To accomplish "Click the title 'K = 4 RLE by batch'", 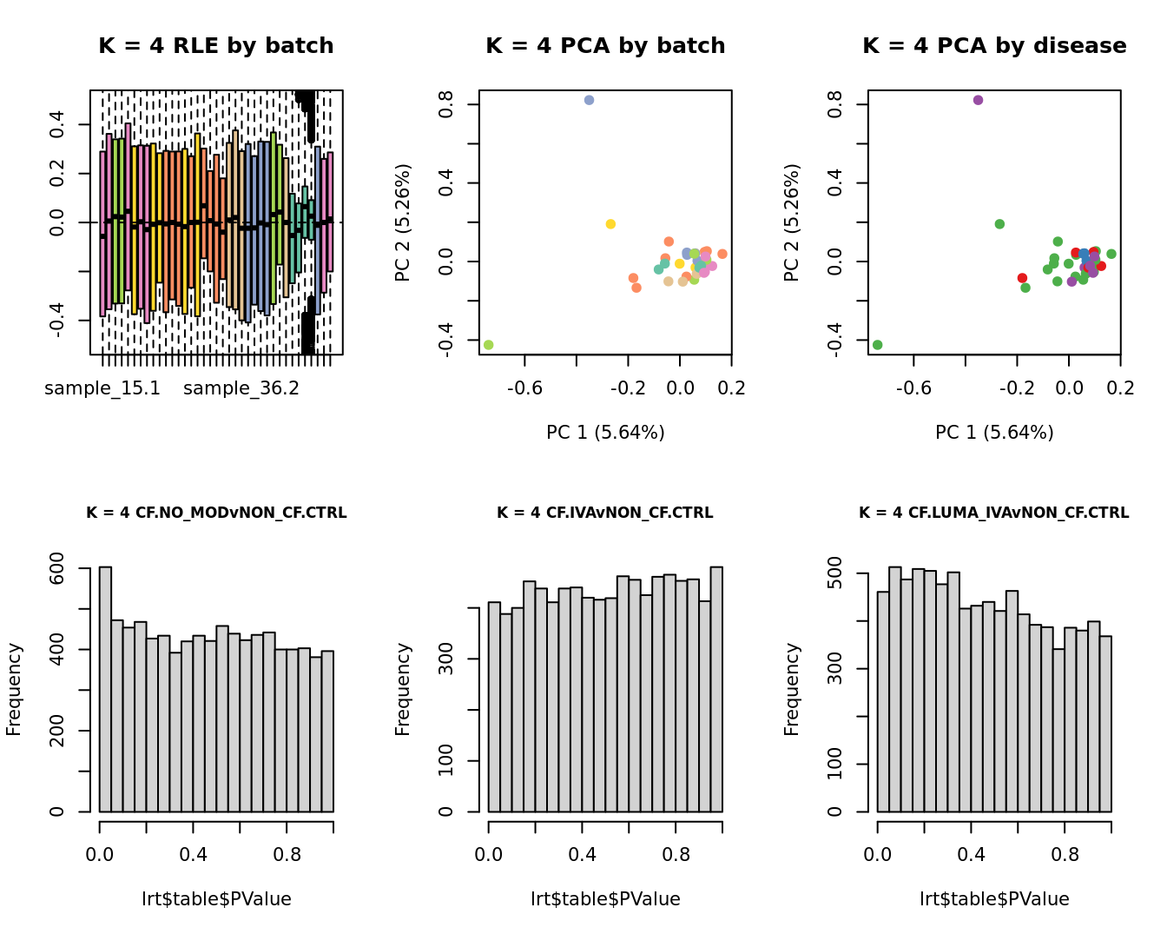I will coord(215,46).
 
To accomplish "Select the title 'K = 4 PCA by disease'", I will coord(994,46).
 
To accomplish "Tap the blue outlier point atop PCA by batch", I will coord(589,100).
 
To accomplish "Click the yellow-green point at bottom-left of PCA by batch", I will coord(488,345).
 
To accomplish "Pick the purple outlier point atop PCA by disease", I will coord(978,100).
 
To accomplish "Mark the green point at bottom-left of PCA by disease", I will coord(877,345).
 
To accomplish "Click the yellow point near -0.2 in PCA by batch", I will coord(610,224).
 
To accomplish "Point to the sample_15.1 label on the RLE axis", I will coord(102,388).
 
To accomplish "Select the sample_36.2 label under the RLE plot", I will coord(241,388).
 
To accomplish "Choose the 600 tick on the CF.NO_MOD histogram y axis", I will coord(57,568).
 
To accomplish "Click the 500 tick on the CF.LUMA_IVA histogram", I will coord(835,573).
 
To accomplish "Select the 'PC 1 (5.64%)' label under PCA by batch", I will coord(605,432).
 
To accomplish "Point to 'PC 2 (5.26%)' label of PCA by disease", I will coord(791,222).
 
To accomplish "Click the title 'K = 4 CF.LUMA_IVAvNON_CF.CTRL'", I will coord(994,513).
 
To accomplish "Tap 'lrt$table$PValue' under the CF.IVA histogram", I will coord(605,899).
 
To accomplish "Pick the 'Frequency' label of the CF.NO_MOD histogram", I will coord(14,689).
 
